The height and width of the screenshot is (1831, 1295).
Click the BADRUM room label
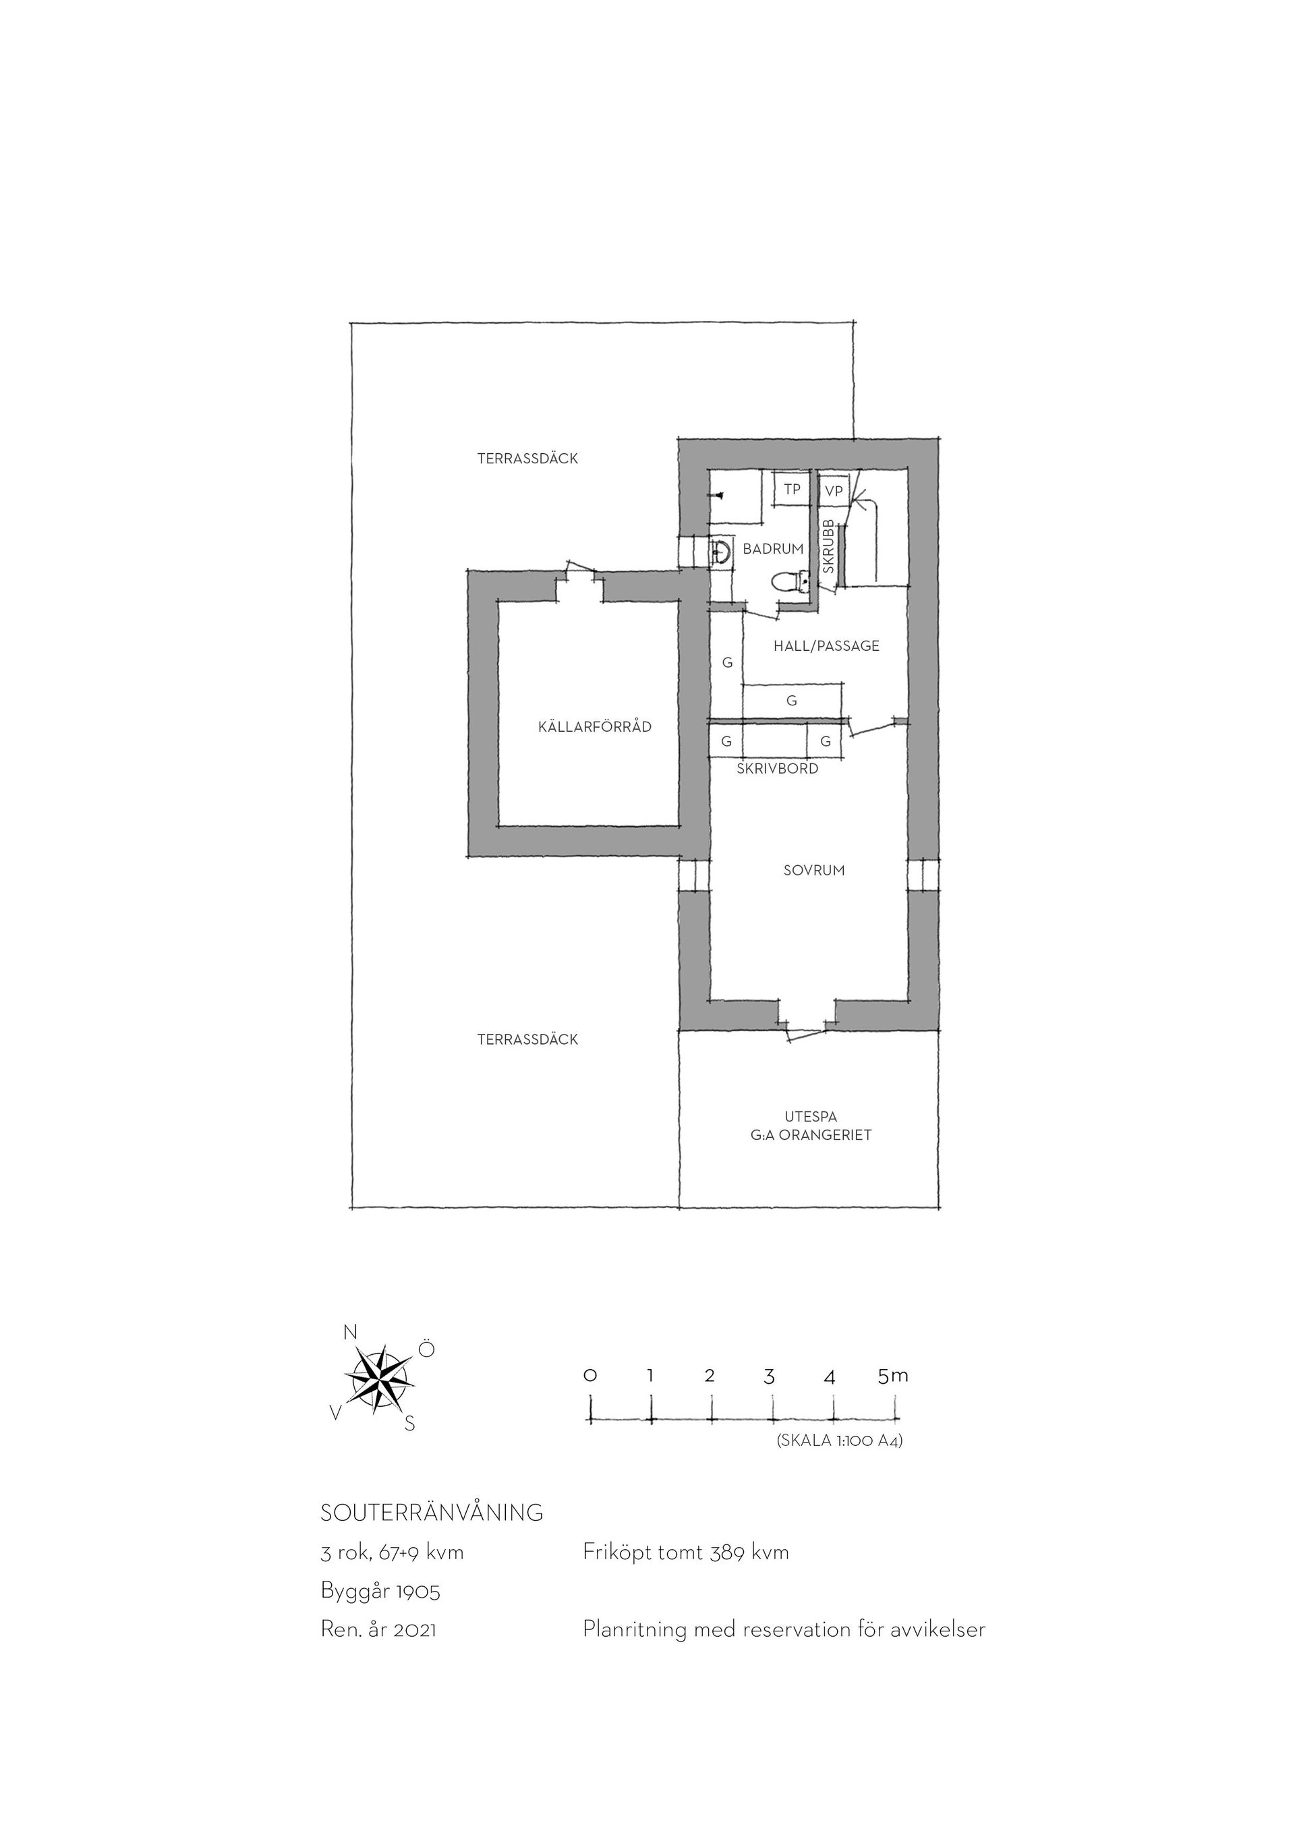[x=773, y=549]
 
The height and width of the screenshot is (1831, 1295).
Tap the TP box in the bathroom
[x=791, y=489]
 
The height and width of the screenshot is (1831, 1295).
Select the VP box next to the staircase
[x=833, y=491]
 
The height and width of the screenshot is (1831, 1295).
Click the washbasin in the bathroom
[x=720, y=551]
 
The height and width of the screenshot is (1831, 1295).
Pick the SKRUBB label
[x=828, y=546]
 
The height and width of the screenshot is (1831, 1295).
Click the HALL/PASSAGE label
[x=826, y=646]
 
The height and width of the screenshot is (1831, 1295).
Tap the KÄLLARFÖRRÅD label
[x=595, y=726]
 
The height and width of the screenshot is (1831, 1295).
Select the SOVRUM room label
[x=813, y=870]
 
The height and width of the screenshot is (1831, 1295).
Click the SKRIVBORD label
[x=778, y=769]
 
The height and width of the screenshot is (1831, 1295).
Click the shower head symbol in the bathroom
[x=718, y=495]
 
